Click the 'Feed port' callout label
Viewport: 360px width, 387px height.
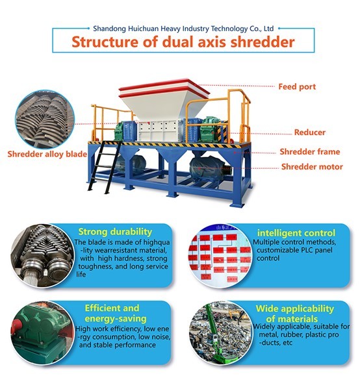(x=297, y=86)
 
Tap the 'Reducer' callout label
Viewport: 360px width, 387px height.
(x=309, y=132)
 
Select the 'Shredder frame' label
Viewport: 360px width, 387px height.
(x=309, y=151)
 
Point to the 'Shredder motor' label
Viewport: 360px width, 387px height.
(x=312, y=167)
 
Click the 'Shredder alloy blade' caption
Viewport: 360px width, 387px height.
(x=47, y=155)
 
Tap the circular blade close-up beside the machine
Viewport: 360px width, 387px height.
(x=45, y=119)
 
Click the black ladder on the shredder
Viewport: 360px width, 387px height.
(x=105, y=167)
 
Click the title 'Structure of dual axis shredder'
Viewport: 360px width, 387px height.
(x=183, y=42)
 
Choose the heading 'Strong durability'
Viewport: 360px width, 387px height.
(x=115, y=232)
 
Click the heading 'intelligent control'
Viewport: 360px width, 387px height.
(x=296, y=232)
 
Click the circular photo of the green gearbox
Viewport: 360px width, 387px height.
(x=42, y=332)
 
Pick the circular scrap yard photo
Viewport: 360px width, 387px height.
(x=221, y=332)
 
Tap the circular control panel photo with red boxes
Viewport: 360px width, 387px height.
(x=220, y=256)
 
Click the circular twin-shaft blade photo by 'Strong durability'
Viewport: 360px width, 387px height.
(x=42, y=256)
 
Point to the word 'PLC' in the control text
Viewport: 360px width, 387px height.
(x=307, y=250)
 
